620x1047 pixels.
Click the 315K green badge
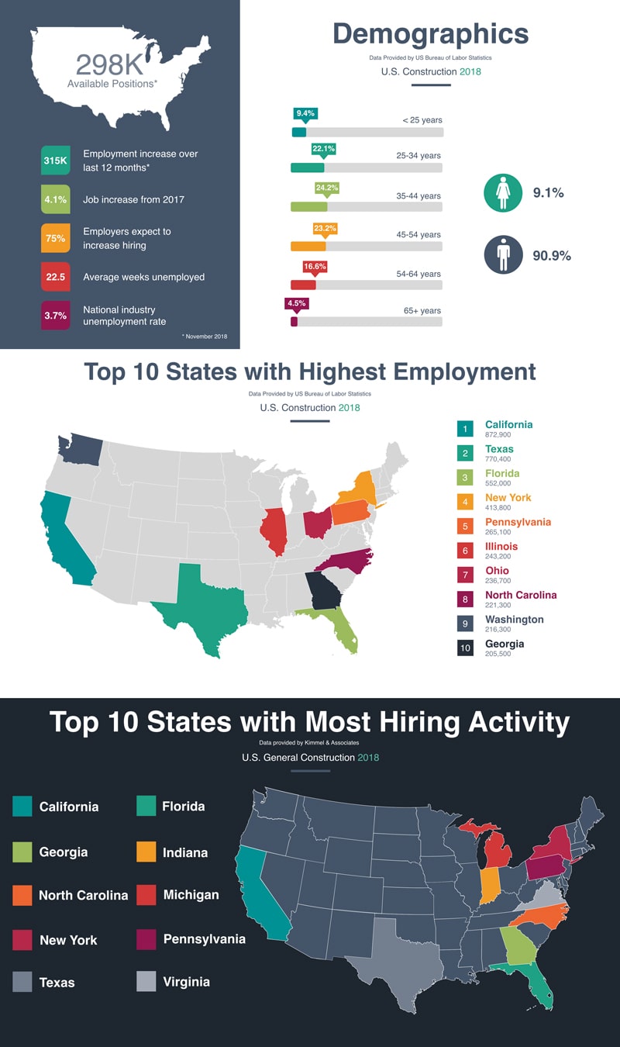[55, 161]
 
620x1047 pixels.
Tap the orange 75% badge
[55, 238]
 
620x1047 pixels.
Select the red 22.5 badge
[55, 277]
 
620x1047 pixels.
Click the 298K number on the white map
[108, 64]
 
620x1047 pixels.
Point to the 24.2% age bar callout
[326, 188]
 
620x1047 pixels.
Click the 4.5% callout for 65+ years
[297, 304]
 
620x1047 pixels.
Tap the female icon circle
[503, 192]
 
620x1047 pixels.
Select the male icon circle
[503, 254]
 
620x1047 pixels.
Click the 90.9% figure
[552, 256]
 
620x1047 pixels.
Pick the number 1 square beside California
[465, 429]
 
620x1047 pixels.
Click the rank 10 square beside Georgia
[465, 648]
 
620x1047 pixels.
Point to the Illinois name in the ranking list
[501, 547]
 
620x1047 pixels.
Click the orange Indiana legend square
[146, 852]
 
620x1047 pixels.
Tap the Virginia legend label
[186, 982]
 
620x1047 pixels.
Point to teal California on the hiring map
[260, 892]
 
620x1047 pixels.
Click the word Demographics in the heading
[430, 35]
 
